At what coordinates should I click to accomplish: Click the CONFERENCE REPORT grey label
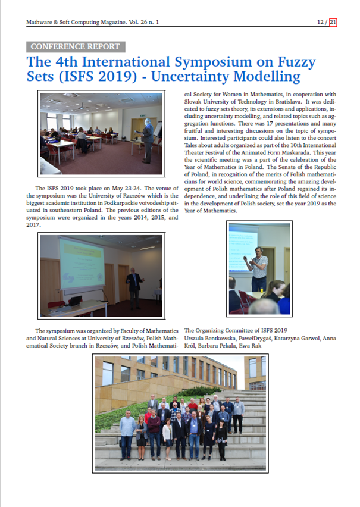click(x=74, y=46)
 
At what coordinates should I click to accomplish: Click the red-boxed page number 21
click(x=333, y=23)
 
